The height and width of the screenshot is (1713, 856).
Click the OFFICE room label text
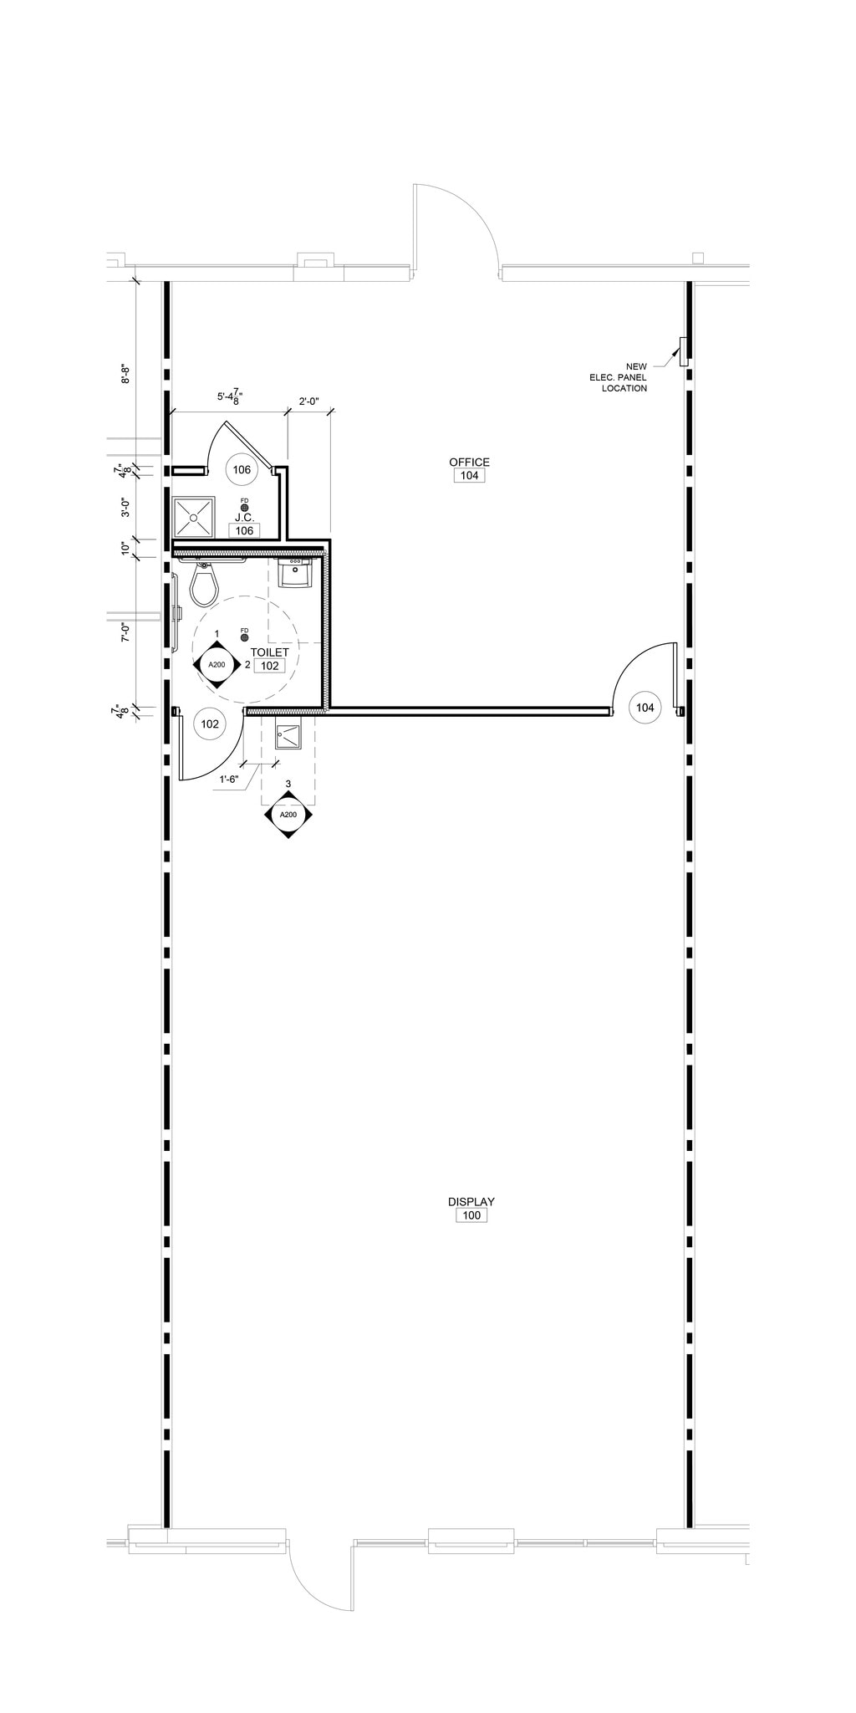coord(469,462)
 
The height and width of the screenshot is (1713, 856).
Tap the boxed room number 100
coord(471,1215)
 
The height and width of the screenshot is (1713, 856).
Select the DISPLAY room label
coord(471,1202)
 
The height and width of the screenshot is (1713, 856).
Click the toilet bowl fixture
coord(204,582)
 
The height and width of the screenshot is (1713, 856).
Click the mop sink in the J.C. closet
coord(193,518)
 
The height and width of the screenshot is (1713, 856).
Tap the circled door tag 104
coord(645,708)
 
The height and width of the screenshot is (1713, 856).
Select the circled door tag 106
coord(242,470)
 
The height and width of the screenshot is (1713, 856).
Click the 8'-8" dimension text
coord(126,374)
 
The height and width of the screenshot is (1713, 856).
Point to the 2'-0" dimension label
coord(309,401)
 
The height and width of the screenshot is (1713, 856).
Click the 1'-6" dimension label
coord(229,779)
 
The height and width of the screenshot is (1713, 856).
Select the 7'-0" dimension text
coord(126,632)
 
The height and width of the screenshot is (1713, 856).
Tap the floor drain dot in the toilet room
coord(244,637)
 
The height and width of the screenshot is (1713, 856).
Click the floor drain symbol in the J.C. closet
coord(244,507)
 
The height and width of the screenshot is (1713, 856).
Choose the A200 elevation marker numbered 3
coord(288,815)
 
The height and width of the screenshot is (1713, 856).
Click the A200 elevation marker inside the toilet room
coord(217,664)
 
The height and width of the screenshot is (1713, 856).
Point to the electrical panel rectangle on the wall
coord(683,351)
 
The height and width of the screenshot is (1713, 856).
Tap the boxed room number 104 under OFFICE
coord(469,475)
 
